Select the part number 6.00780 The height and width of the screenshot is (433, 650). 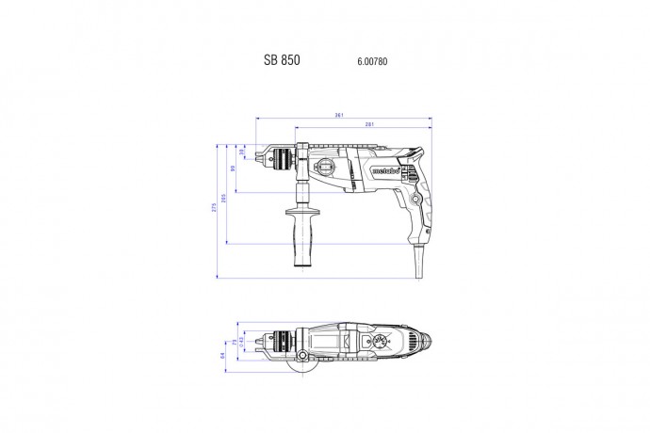click(373, 61)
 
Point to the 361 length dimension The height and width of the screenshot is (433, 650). click(338, 117)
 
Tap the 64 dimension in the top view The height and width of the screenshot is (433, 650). click(224, 355)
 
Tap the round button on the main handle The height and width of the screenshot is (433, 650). click(415, 199)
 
